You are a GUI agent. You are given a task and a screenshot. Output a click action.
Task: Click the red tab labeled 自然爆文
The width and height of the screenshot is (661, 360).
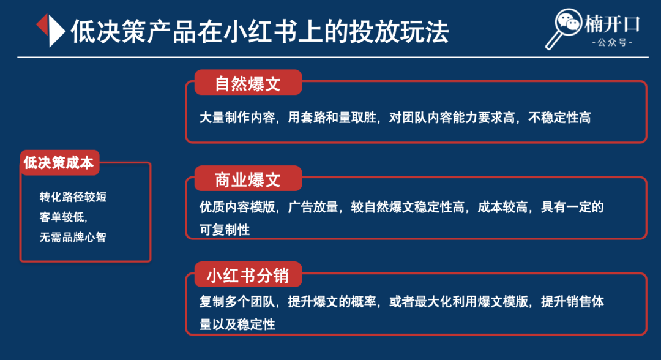[248, 83]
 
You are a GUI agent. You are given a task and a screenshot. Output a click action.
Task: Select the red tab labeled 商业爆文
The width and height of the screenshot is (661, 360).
[248, 179]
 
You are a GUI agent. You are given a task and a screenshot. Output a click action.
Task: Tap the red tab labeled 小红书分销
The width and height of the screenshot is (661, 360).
[248, 275]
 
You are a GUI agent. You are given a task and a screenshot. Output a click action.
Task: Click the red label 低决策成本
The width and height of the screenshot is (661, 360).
[59, 163]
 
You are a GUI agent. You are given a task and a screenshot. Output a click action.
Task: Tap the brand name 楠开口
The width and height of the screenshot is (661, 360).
[611, 24]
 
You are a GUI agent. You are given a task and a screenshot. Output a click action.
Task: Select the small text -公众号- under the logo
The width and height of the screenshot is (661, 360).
[612, 43]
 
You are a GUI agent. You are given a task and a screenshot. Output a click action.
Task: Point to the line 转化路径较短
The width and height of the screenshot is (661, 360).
[73, 197]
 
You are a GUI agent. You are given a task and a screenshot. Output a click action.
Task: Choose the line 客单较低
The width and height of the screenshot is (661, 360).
[63, 217]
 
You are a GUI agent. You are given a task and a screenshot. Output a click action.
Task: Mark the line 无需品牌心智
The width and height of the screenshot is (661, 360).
[73, 238]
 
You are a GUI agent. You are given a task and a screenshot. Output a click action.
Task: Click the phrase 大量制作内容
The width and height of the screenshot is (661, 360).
[237, 117]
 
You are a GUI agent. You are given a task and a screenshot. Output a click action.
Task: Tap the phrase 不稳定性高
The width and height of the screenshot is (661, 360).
[559, 117]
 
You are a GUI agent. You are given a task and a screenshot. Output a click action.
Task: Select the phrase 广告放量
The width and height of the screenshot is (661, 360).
[313, 207]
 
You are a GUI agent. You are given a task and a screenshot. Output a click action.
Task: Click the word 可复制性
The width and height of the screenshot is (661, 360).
[225, 230]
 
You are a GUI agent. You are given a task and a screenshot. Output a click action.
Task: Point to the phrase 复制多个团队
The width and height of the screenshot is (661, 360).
[237, 301]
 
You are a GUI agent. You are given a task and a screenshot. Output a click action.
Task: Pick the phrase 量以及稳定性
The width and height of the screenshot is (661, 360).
[237, 324]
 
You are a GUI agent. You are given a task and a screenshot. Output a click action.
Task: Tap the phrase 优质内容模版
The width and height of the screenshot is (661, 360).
[237, 207]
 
